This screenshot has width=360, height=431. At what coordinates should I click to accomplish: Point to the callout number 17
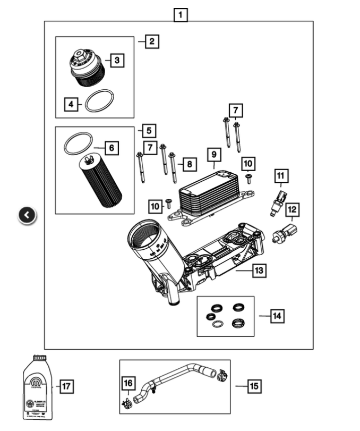point(66,386)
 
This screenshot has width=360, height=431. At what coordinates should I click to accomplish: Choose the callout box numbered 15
point(254,386)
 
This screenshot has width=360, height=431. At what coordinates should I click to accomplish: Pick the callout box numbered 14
point(276,316)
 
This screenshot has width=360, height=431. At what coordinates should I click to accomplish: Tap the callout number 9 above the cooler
point(214,155)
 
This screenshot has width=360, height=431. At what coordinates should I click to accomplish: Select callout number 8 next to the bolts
point(188,165)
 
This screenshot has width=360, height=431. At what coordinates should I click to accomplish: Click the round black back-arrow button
point(27,215)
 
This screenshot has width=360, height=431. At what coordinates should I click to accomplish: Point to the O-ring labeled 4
point(99,100)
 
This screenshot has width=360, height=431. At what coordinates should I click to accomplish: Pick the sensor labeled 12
point(285,233)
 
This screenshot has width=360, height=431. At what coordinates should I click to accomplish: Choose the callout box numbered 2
point(152,41)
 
